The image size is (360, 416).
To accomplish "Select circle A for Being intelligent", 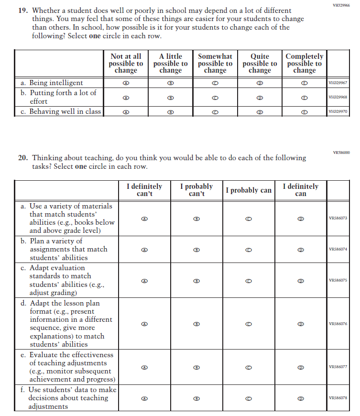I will pos(126,83).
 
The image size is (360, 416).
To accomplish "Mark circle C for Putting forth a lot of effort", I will pos(215,98).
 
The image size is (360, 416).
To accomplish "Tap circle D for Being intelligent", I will pos(260,83).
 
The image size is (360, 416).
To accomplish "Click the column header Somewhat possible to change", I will pos(215,64).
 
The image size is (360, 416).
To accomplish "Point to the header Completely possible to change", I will pos(304,64).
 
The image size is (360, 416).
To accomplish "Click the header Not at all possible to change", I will pos(126,64).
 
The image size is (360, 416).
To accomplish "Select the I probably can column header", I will pos(248,190).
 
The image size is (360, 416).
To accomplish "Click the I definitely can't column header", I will pos(144,190).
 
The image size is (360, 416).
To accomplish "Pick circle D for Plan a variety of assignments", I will pos(300,250).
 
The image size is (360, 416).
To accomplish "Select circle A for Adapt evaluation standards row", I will pos(144,281).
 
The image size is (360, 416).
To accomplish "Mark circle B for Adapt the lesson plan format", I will pos(196,324).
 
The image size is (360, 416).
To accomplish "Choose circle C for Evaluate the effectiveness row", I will pos(248,368).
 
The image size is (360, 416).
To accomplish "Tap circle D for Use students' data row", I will pos(300,398).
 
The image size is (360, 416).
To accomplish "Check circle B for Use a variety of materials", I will pos(196,219).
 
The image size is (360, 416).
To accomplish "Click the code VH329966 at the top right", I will pos(340,5).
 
